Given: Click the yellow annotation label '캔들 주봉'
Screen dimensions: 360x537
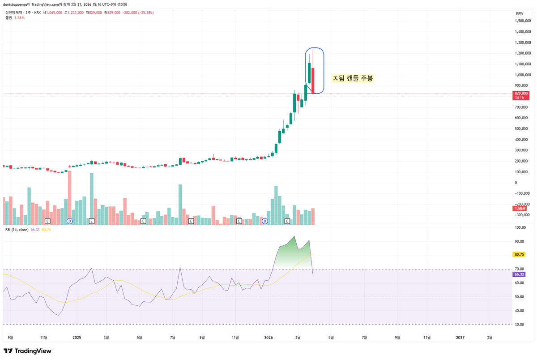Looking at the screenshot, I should pyautogui.click(x=353, y=78).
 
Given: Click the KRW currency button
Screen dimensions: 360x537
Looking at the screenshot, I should pyautogui.click(x=520, y=14).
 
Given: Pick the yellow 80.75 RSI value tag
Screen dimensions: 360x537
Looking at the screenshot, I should pyautogui.click(x=520, y=254).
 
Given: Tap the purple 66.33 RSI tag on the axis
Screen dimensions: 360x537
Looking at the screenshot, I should pyautogui.click(x=520, y=274).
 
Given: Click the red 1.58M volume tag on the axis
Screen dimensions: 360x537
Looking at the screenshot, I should pyautogui.click(x=520, y=209).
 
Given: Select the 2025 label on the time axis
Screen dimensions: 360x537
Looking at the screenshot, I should pyautogui.click(x=77, y=338).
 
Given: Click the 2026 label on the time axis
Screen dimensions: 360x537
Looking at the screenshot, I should pyautogui.click(x=268, y=338).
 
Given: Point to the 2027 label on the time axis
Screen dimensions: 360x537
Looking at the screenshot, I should pyautogui.click(x=460, y=338).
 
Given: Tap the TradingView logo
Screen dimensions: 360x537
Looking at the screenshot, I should pyautogui.click(x=27, y=351).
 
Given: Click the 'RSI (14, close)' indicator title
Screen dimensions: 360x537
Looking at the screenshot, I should pyautogui.click(x=16, y=230).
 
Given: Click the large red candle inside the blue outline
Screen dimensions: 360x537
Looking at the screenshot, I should pyautogui.click(x=313, y=81).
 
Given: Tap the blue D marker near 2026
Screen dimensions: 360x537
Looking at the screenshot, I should pyautogui.click(x=264, y=221).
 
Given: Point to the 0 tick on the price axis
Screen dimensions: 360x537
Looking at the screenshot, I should pyautogui.click(x=516, y=183).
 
